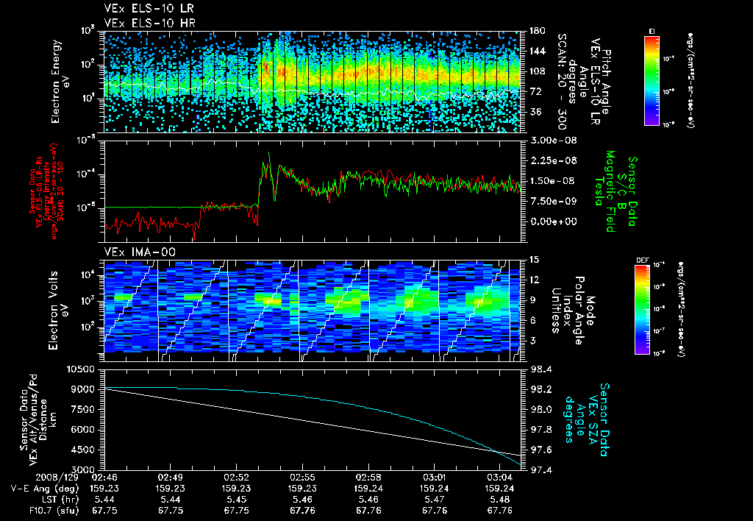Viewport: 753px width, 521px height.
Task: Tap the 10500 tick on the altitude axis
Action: coord(82,369)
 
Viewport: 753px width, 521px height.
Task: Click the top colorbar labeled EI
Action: coord(652,78)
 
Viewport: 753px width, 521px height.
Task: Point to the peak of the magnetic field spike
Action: coord(270,153)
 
